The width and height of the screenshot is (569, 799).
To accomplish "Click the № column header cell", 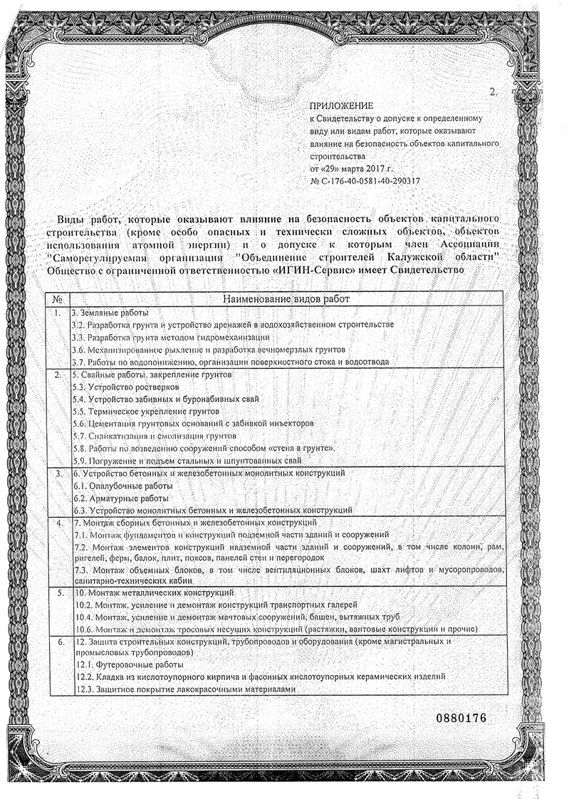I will point(57,299).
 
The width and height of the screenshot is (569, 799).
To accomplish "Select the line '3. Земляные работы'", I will point(110,313).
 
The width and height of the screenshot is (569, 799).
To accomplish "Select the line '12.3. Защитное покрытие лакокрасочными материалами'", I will point(184,689).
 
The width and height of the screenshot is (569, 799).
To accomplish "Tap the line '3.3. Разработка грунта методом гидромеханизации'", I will point(171,337).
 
